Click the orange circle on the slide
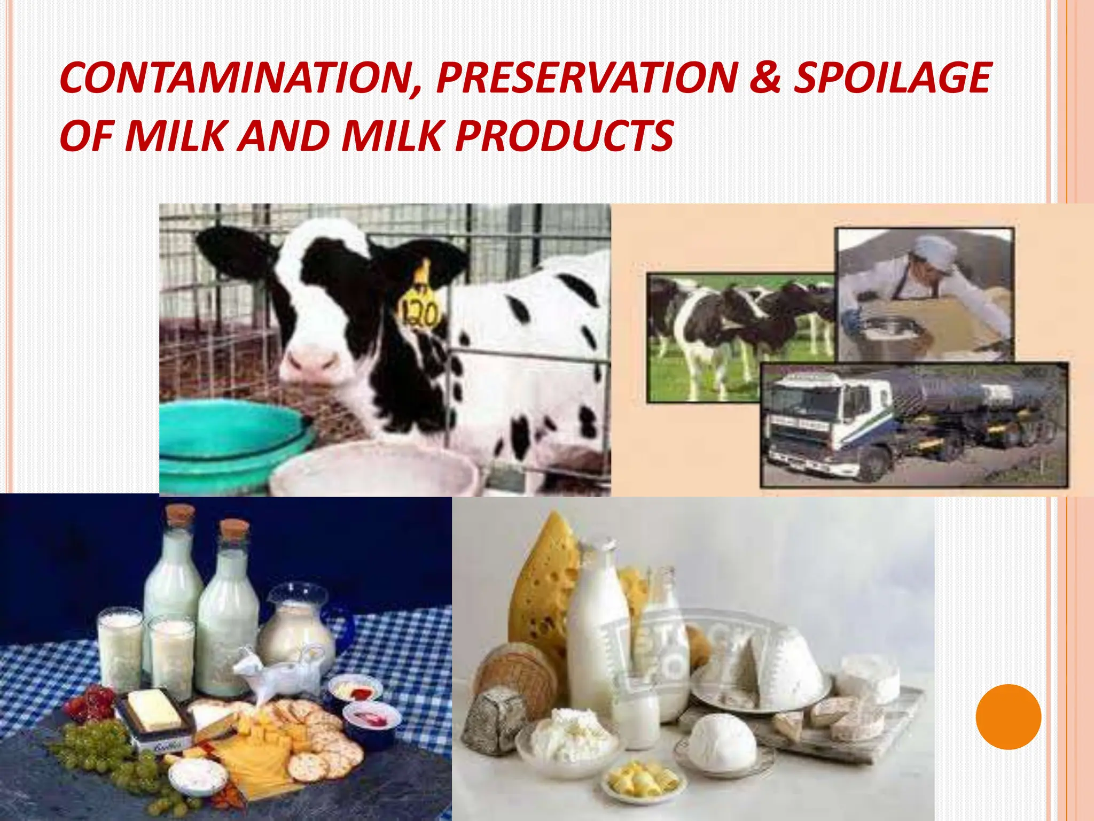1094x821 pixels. pos(1008,717)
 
